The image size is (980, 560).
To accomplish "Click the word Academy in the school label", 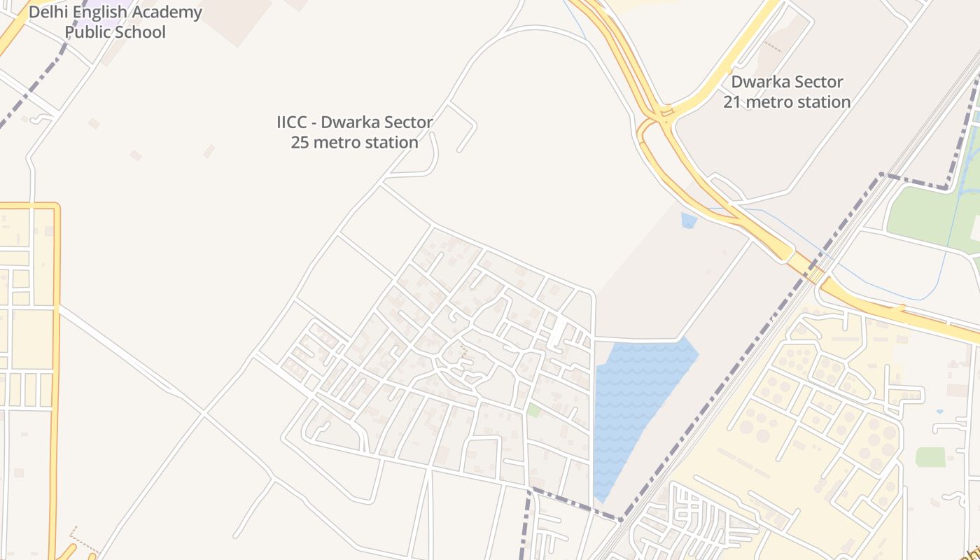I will (169, 13).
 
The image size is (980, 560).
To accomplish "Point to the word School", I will (141, 32).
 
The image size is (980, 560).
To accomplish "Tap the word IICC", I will (291, 122).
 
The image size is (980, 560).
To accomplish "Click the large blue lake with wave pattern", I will (633, 406).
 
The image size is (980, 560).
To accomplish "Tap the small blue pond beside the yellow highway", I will (689, 220).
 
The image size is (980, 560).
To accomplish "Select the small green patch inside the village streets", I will (534, 410).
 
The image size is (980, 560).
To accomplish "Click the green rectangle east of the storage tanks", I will (930, 457).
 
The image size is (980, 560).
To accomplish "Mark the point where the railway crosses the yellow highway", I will (814, 273).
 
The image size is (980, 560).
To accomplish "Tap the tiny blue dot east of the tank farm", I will (939, 412).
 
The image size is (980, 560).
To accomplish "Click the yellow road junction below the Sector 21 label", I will (661, 115).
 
